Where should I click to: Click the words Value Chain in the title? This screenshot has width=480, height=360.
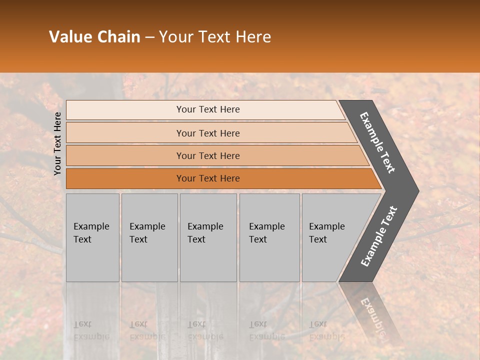point(94,37)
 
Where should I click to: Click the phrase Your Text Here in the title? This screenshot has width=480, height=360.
point(215,37)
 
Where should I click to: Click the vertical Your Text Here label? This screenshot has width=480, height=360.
point(58,143)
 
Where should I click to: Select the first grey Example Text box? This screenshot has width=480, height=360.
point(92,237)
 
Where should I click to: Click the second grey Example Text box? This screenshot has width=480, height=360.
point(149,237)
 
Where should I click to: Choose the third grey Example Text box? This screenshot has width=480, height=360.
point(207,237)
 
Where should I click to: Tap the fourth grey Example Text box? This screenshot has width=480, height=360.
point(269,237)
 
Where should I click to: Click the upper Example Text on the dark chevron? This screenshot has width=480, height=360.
point(377,142)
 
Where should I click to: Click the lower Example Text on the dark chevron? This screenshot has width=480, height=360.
point(379,236)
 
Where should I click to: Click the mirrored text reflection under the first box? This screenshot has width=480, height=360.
point(91,330)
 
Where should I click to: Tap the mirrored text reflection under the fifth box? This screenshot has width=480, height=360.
point(326,330)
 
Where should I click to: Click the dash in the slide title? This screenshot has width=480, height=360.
point(149,37)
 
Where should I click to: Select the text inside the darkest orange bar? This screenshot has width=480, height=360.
point(208,178)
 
